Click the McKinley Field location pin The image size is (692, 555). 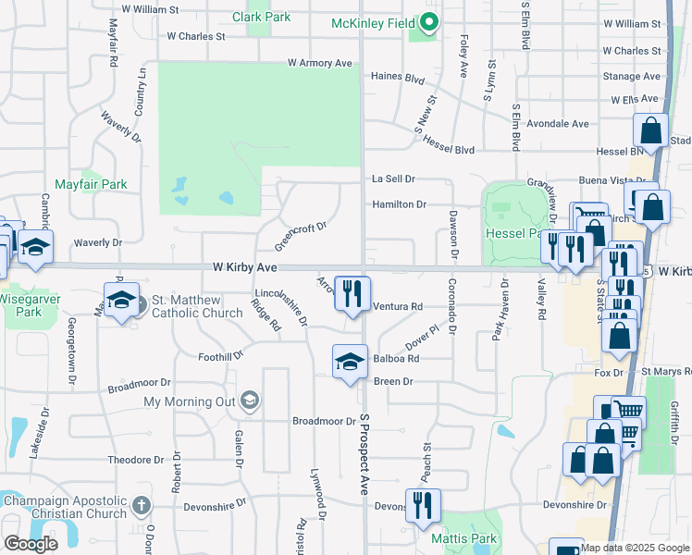click(428, 21)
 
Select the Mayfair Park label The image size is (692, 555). click(90, 184)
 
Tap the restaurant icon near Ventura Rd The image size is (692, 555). click(352, 292)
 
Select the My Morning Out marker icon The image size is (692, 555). click(248, 401)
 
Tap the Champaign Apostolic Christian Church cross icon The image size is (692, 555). click(141, 506)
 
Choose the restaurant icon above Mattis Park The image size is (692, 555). click(423, 504)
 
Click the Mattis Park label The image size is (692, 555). click(464, 538)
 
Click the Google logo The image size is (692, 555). click(31, 543)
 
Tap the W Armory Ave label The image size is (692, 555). click(320, 63)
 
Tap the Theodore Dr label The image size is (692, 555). click(135, 460)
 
